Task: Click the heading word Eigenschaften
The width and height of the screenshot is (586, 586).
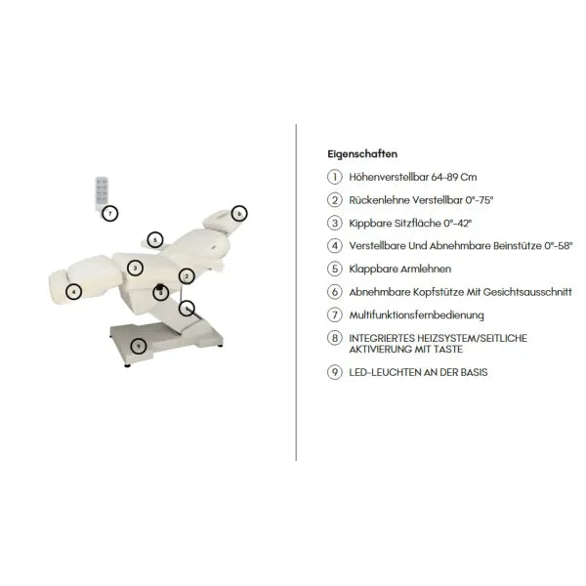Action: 362,154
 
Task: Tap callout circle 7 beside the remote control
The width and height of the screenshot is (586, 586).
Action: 109,213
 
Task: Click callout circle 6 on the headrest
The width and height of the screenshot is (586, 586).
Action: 239,213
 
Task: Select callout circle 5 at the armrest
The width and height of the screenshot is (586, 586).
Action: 155,240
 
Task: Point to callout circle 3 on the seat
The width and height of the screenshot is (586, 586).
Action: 135,268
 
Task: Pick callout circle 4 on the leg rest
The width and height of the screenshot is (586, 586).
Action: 73,292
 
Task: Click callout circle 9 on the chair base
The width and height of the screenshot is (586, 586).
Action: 139,346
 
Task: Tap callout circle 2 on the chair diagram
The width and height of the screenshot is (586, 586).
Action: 187,276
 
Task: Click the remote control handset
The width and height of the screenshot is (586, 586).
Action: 102,192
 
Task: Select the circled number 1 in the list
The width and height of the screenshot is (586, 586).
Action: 335,177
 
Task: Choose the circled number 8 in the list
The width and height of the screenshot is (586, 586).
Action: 335,338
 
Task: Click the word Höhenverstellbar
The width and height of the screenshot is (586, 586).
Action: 389,177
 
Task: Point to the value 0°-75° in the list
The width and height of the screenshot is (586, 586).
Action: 480,200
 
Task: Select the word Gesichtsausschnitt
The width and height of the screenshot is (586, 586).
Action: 527,292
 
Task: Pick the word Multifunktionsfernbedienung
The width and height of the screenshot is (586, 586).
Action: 416,315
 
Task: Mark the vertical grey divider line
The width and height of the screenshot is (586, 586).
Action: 296,292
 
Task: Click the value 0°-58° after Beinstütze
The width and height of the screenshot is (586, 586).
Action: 559,246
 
